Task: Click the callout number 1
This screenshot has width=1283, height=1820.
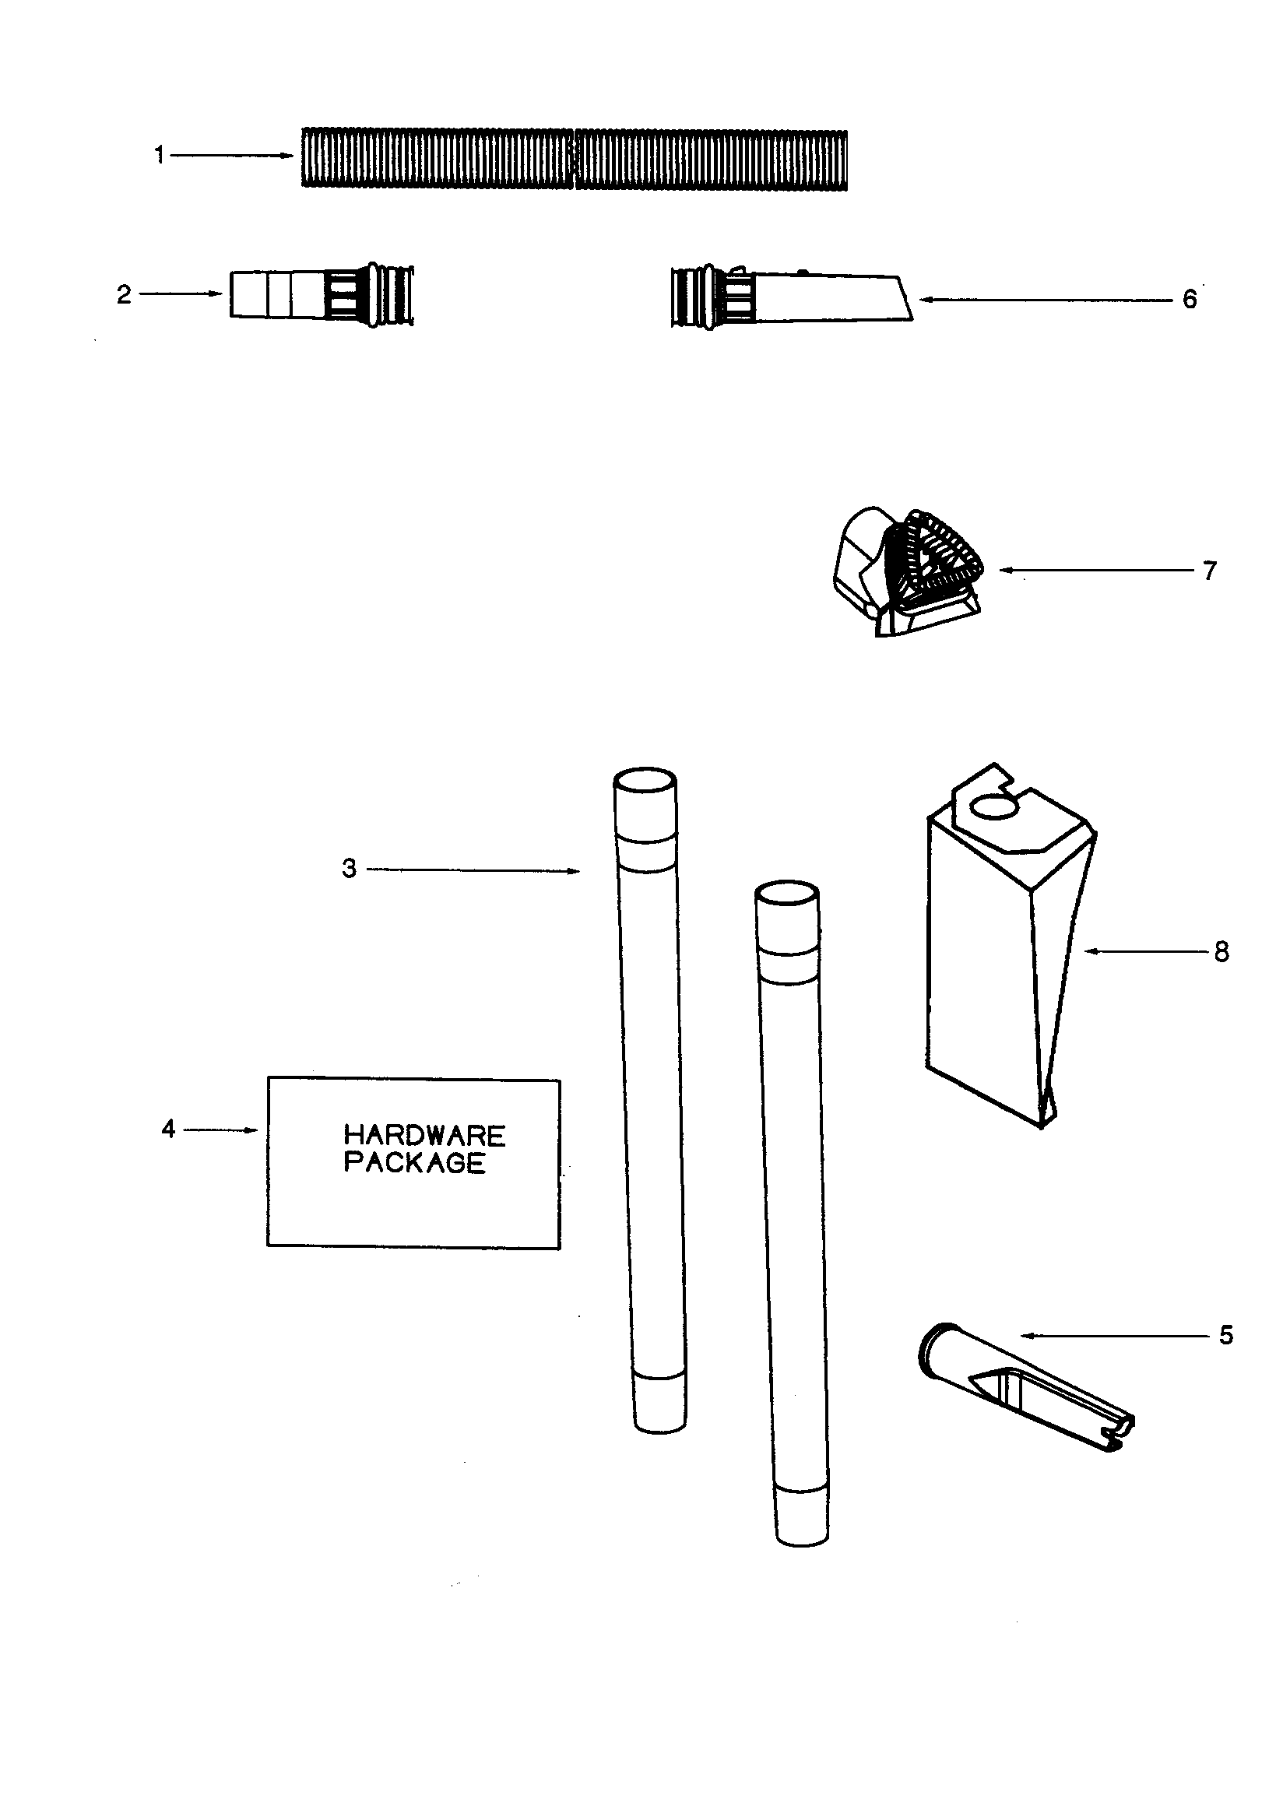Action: tap(160, 156)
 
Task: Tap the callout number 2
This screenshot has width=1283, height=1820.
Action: tap(124, 295)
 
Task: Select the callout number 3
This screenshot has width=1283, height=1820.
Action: tap(350, 869)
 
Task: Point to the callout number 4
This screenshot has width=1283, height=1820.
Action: tap(168, 1129)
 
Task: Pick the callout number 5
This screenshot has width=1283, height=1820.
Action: tap(1226, 1336)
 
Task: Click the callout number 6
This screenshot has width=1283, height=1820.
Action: tap(1190, 300)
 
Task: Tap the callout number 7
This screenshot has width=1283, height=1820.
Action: tap(1209, 571)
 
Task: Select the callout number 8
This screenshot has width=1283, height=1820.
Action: tap(1221, 951)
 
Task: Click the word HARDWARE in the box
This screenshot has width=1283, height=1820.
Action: tap(424, 1136)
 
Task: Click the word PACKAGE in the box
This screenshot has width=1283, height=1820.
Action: tap(415, 1163)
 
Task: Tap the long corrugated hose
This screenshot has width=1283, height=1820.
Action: tap(575, 158)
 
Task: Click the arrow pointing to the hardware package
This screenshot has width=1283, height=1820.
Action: tap(221, 1130)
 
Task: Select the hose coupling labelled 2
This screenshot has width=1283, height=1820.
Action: tap(322, 296)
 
